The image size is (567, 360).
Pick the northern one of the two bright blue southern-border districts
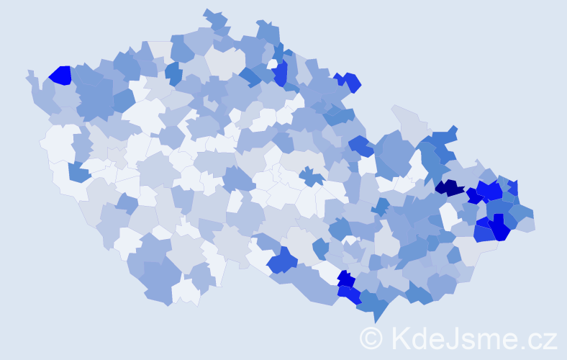(346, 279)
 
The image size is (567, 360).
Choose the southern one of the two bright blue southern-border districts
(350, 293)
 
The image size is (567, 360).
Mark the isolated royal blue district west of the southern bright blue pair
(282, 260)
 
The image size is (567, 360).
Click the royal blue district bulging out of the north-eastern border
(351, 81)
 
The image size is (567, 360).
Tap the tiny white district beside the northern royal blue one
(272, 64)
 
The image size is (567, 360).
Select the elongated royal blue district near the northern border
(280, 72)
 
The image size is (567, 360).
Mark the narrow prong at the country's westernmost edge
(30, 75)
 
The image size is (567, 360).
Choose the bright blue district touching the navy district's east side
(473, 194)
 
